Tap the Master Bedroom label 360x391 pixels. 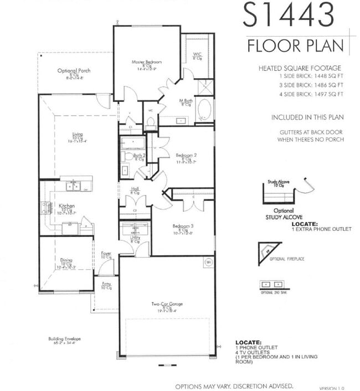(x=146, y=62)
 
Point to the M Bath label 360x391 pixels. (x=186, y=101)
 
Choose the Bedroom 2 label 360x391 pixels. (x=187, y=156)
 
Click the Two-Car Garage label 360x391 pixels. (x=167, y=304)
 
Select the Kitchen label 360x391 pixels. (x=66, y=206)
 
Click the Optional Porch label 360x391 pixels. (x=74, y=71)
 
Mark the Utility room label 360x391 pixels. (x=134, y=238)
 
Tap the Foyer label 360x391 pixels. (x=106, y=254)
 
